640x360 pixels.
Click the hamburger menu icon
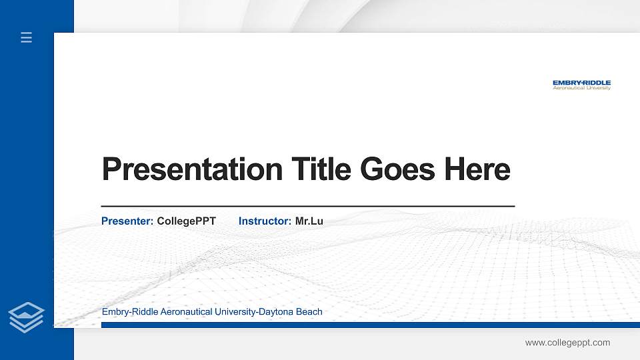[27, 37]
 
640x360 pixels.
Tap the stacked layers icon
[27, 317]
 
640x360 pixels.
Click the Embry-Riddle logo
[581, 85]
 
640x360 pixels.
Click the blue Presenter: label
[127, 221]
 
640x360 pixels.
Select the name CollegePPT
[186, 221]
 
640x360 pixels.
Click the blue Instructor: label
[265, 221]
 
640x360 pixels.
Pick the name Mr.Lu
[309, 221]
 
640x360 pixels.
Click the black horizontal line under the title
[307, 207]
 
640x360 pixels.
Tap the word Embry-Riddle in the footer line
[130, 312]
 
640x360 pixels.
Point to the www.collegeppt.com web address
[567, 343]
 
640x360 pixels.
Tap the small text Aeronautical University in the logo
[581, 89]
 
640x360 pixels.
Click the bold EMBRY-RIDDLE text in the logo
[581, 83]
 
